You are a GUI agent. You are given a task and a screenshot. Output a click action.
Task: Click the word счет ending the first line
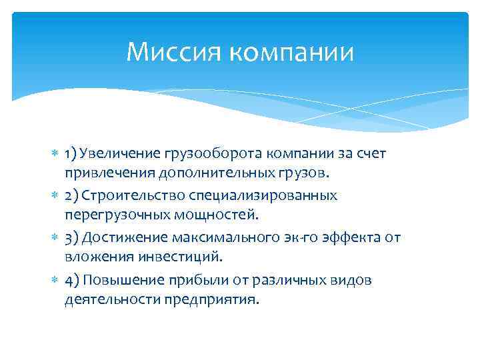[369, 154]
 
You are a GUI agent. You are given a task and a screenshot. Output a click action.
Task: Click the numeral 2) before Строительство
[72, 196]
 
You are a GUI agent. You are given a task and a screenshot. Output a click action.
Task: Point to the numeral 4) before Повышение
[72, 279]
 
